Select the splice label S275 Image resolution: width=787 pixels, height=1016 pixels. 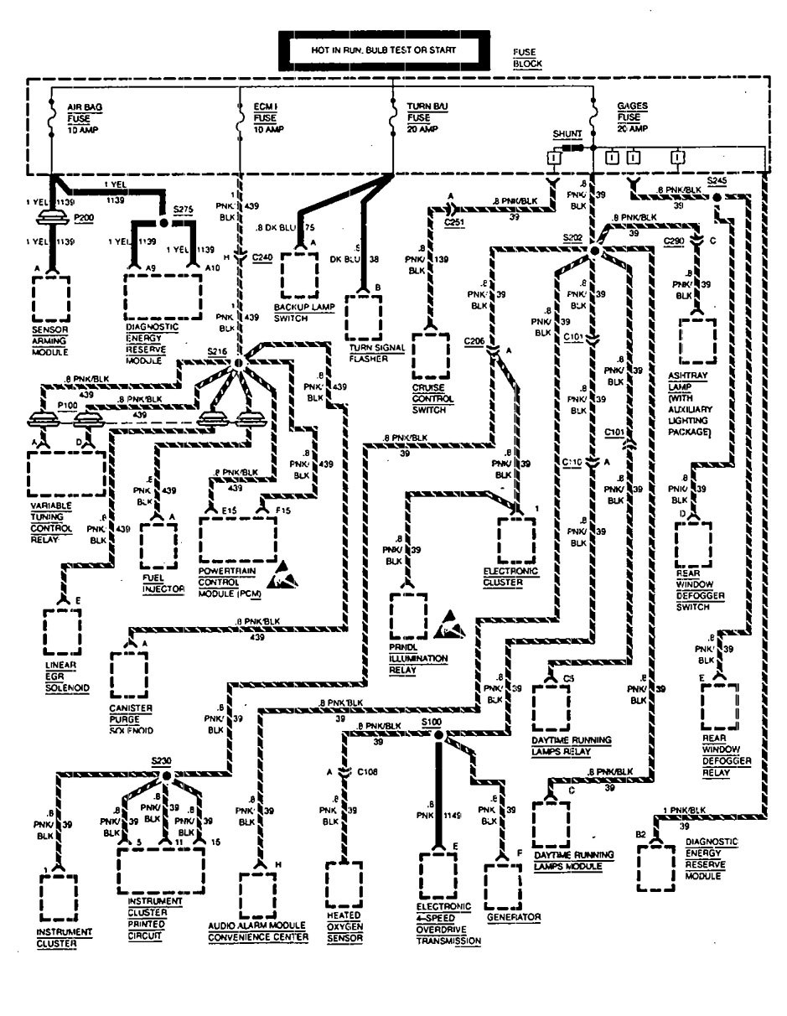point(183,208)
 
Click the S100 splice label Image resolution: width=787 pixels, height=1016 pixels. point(432,722)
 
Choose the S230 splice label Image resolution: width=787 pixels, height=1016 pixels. point(162,761)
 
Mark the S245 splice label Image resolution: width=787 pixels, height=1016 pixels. point(717,180)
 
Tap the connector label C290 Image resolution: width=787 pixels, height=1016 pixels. point(674,241)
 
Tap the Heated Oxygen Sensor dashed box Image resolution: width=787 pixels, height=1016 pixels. point(344,888)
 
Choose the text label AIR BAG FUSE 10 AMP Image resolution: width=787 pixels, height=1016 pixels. point(84,119)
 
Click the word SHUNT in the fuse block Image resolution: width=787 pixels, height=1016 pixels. point(566,134)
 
